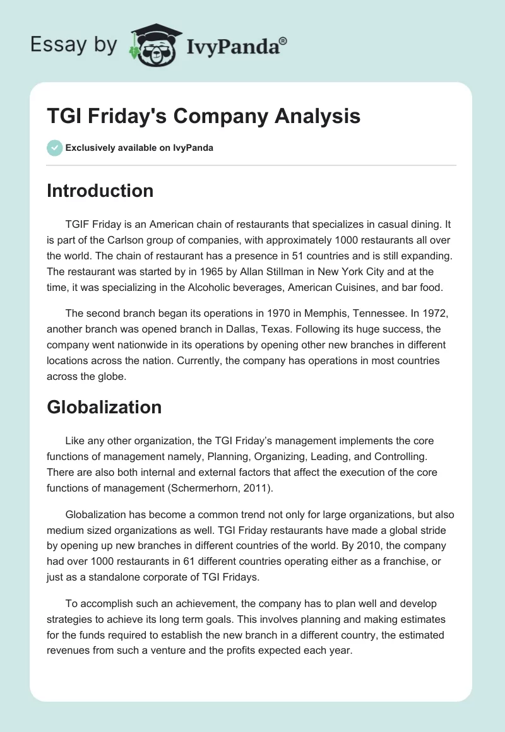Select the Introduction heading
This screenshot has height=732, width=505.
pos(100,191)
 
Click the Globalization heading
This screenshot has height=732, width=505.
pos(104,407)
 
